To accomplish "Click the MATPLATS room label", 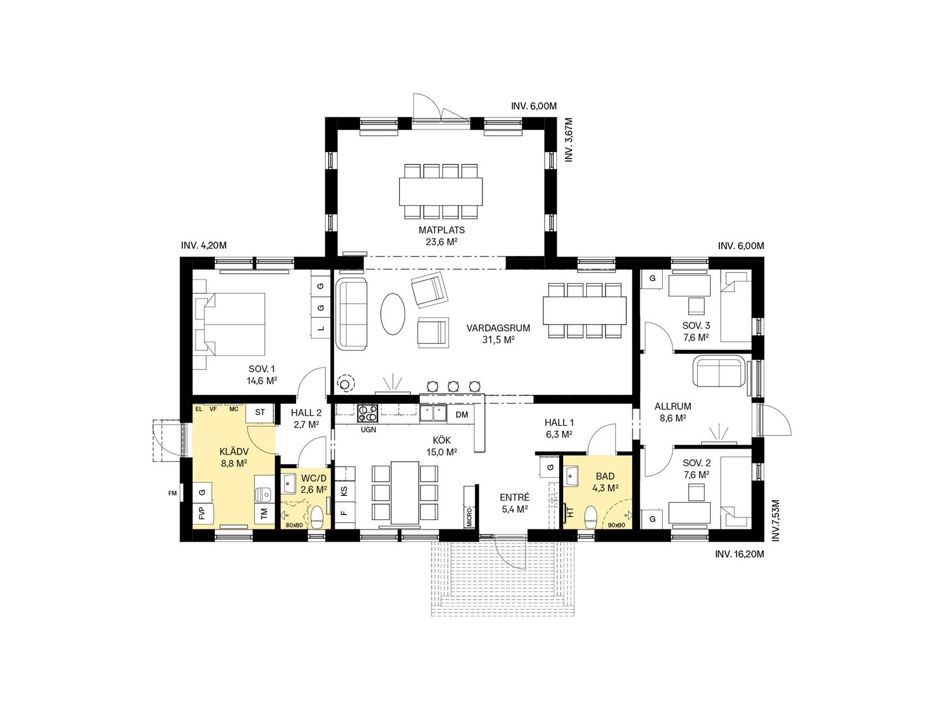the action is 442,230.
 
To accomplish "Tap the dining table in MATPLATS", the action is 441,191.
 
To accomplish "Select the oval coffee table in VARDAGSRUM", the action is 393,313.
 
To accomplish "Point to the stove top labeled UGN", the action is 368,413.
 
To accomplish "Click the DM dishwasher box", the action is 462,414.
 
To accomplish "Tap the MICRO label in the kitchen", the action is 469,516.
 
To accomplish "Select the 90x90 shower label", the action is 616,525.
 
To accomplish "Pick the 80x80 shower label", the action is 294,525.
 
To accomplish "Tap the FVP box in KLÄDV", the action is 202,513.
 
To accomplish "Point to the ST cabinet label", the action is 260,412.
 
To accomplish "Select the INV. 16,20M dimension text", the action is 739,554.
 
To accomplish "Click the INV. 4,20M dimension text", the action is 204,245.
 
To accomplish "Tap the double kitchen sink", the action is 433,413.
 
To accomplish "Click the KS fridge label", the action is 344,491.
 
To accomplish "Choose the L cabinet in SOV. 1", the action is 320,328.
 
